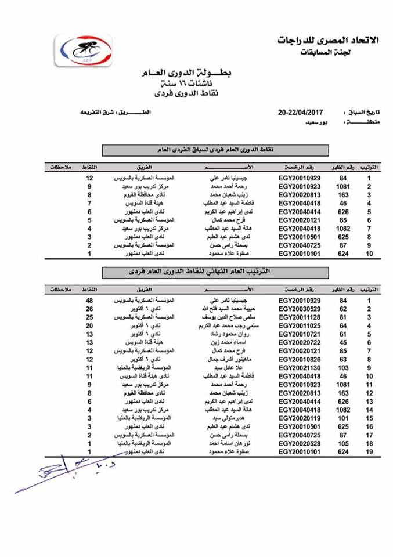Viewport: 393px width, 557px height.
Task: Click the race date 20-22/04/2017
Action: coord(300,111)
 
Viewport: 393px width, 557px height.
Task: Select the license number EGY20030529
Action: coord(299,309)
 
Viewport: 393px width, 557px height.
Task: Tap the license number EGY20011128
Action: coord(299,317)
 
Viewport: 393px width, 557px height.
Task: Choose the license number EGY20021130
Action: coord(299,368)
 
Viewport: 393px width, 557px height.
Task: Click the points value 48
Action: coord(89,300)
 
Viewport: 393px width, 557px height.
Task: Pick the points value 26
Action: coord(89,309)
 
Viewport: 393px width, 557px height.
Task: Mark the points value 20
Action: coord(89,325)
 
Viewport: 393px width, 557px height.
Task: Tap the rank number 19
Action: coord(369,451)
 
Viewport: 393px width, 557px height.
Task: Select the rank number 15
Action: coord(369,418)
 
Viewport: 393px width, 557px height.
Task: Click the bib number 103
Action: coord(343,368)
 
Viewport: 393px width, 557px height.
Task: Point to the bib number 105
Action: coord(343,443)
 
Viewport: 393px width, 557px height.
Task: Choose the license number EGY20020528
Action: coord(299,443)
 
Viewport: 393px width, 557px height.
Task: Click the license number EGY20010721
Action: coord(299,334)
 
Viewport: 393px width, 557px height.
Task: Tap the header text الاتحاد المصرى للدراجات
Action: coord(329,40)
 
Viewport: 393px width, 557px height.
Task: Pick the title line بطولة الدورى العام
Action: coord(187,74)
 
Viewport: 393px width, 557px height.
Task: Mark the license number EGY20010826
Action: coord(299,359)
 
